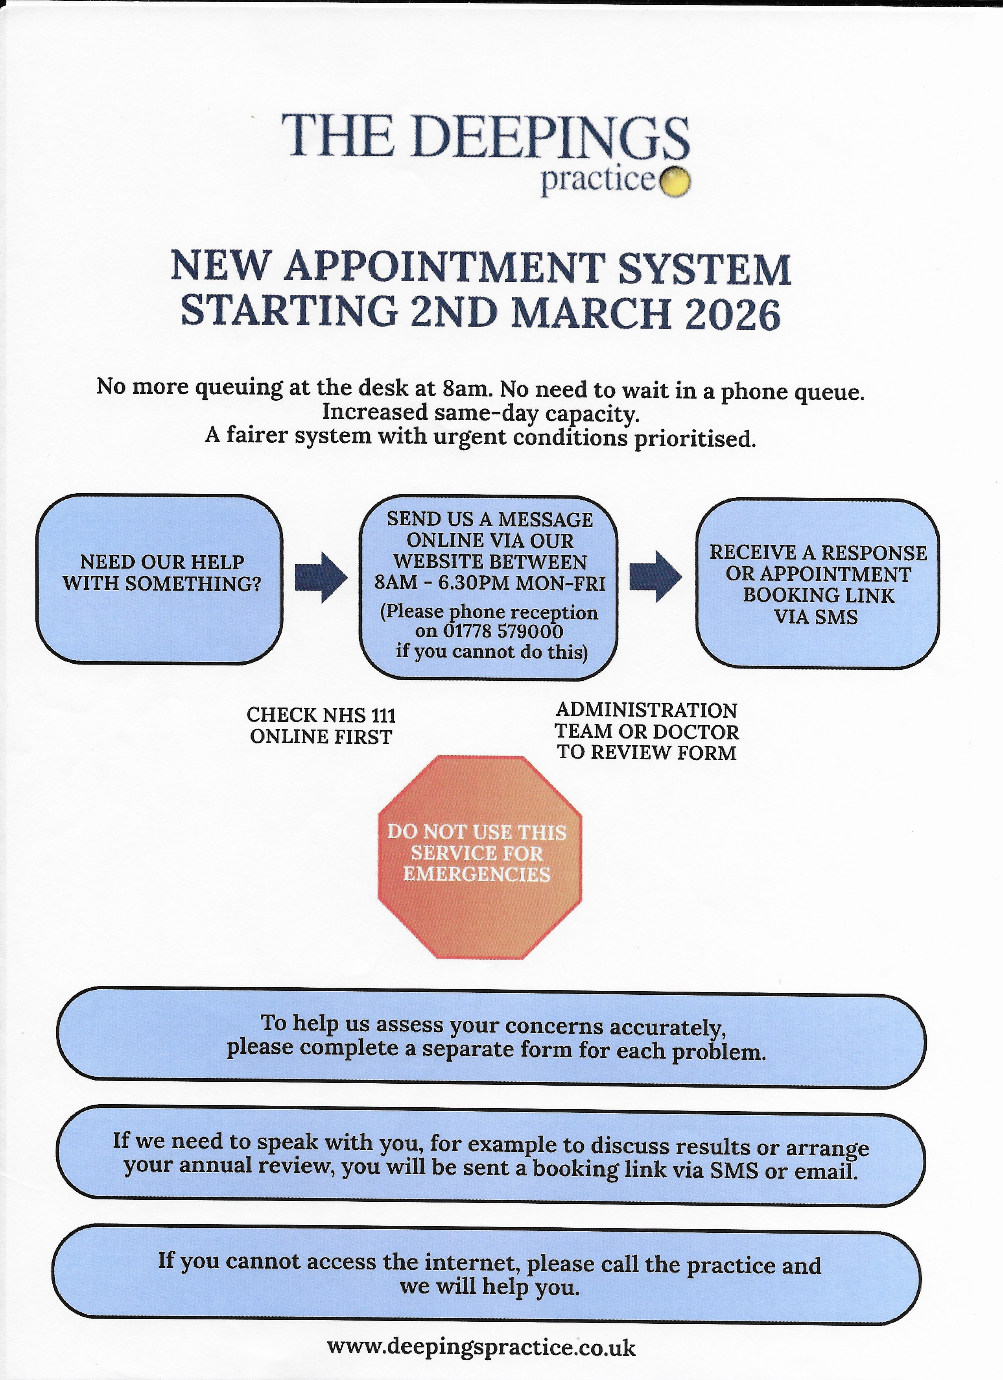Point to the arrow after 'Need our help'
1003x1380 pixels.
[321, 577]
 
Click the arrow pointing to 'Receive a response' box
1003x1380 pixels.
[655, 577]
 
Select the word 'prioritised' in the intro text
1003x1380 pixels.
[695, 438]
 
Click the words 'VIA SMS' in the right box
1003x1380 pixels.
[816, 617]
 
